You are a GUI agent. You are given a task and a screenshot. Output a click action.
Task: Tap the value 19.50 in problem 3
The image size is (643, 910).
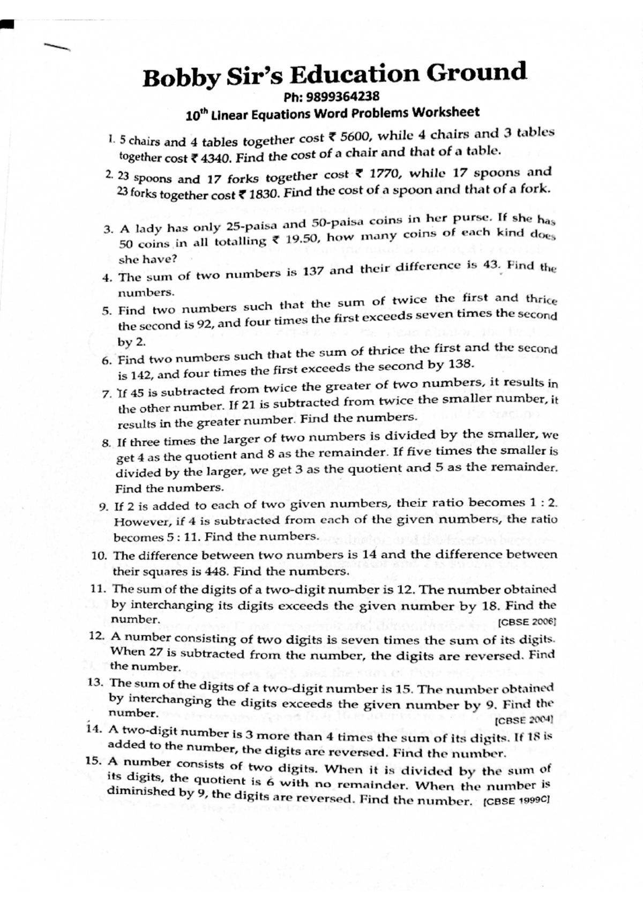pos(303,238)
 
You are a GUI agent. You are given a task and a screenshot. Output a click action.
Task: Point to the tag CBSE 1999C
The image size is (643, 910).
pos(516,802)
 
